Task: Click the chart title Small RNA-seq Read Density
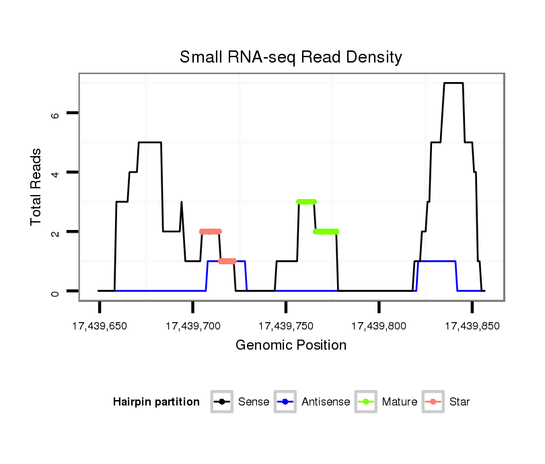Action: (291, 57)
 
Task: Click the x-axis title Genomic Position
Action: (291, 346)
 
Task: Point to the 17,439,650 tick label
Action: (100, 326)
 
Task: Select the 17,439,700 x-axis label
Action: (192, 326)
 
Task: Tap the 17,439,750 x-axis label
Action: (286, 326)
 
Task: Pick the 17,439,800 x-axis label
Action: (379, 326)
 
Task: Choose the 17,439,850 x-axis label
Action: (472, 326)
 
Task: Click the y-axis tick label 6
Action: (56, 114)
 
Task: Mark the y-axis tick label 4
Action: (56, 173)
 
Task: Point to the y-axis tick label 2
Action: (56, 232)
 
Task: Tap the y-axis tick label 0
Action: (56, 291)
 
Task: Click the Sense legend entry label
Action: (254, 402)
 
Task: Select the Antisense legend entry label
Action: (326, 402)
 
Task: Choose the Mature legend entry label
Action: (400, 402)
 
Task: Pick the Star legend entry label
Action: (460, 402)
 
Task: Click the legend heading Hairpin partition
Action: (156, 402)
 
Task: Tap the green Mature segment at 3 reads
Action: (306, 202)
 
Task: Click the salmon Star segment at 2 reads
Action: (211, 231)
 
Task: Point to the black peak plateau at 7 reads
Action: (453, 83)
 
